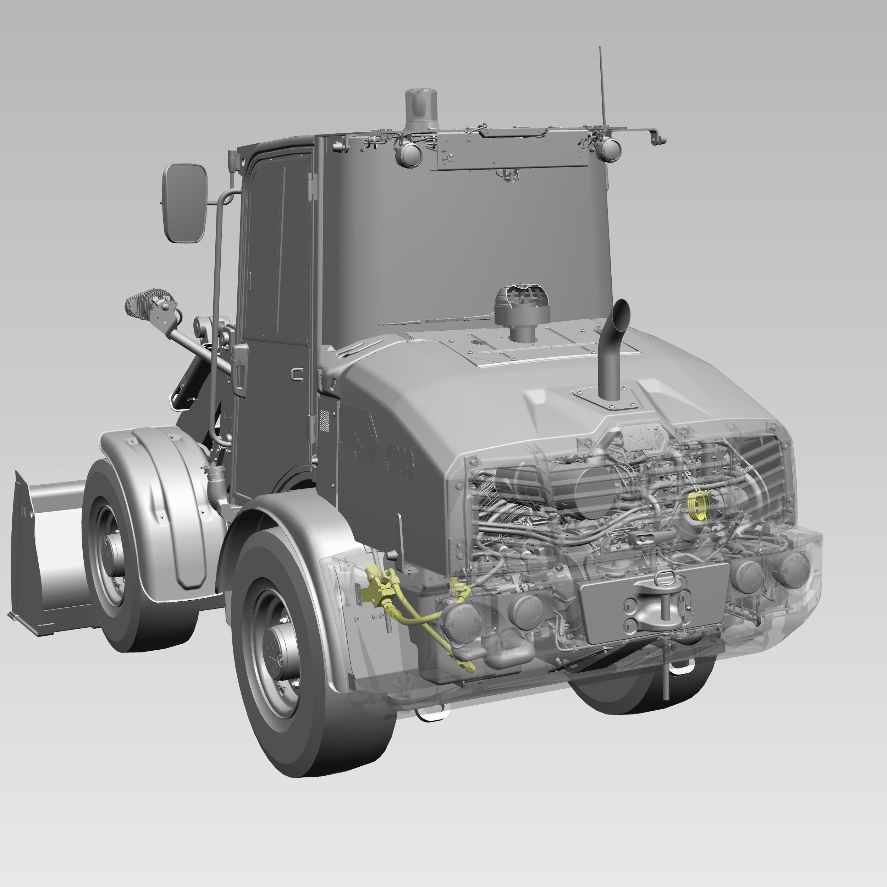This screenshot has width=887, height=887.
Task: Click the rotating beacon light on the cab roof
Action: click(421, 109)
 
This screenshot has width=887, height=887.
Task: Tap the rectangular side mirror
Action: click(184, 203)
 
